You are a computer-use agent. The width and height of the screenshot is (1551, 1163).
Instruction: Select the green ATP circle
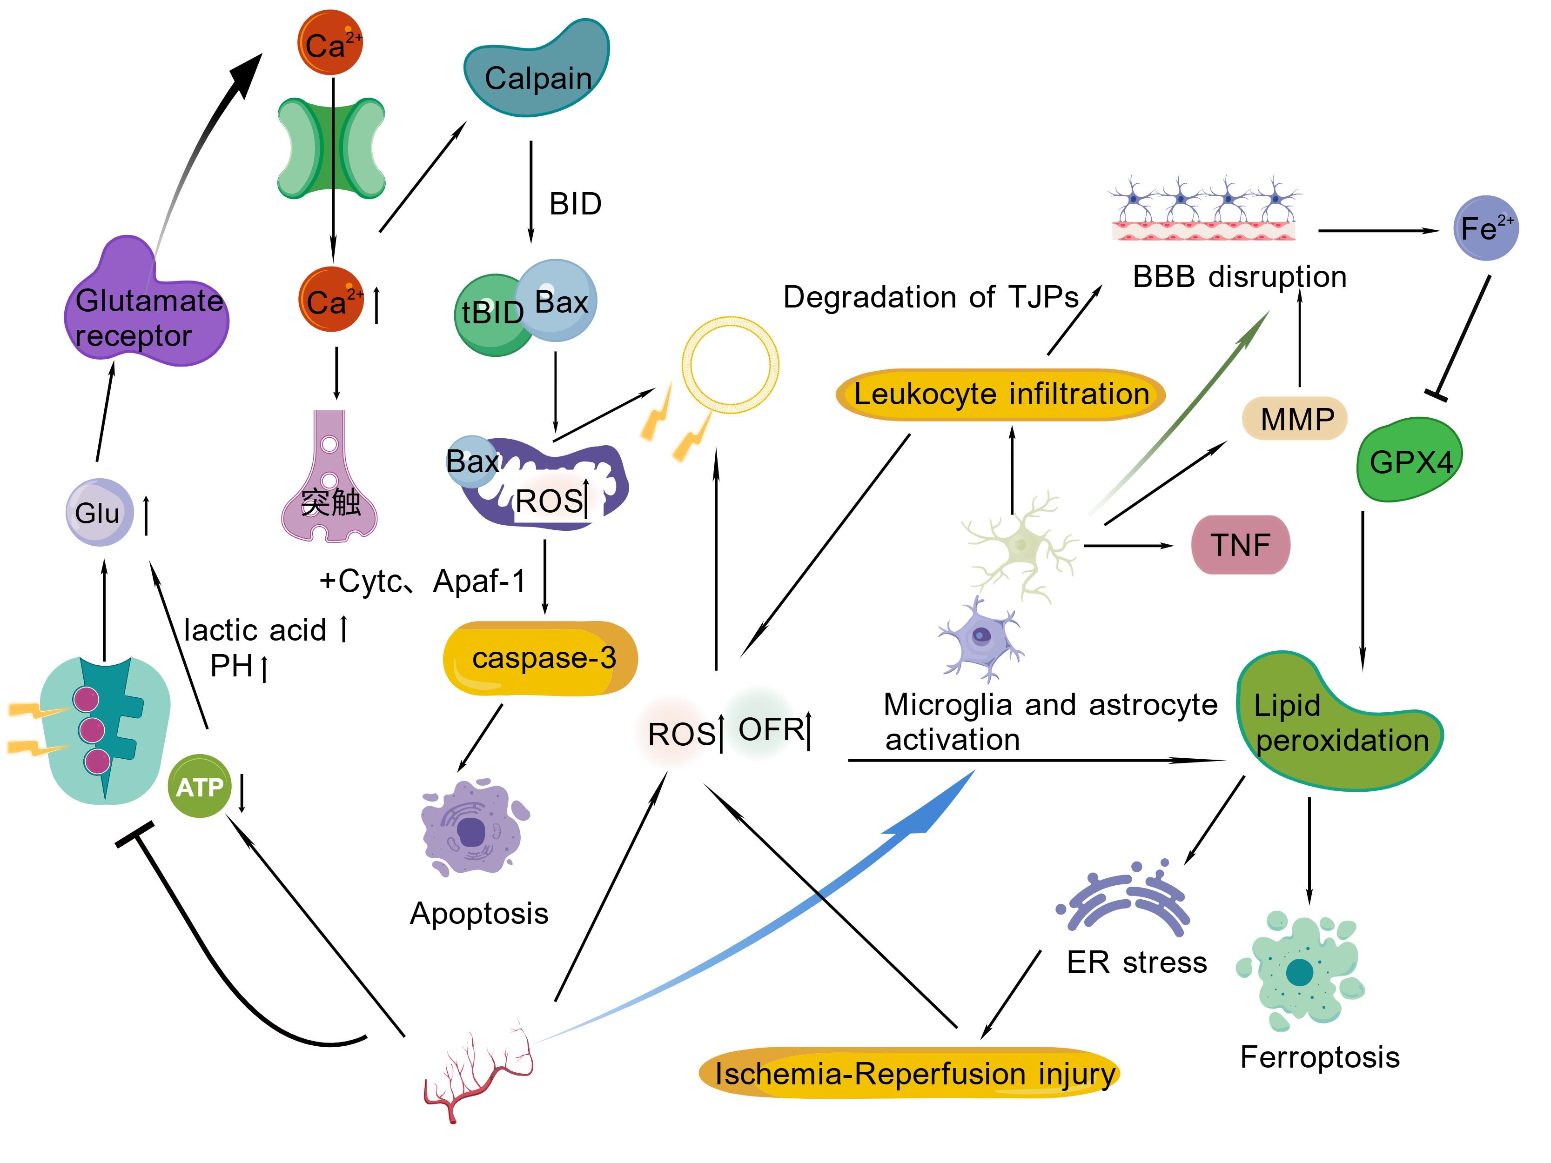coord(200,787)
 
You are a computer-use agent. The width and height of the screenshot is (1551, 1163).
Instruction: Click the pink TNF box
coord(1240,545)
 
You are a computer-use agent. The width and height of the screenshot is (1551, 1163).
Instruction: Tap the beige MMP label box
coord(1295,419)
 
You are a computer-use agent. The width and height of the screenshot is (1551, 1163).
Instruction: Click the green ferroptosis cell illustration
coord(1299,971)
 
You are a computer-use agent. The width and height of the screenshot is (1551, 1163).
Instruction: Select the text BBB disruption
coord(1239,277)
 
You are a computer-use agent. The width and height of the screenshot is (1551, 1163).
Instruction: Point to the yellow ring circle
coord(730,365)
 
